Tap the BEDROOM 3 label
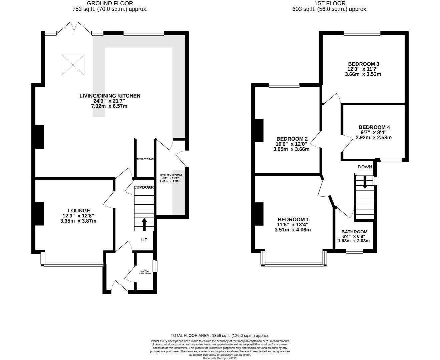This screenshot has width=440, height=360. (364, 64)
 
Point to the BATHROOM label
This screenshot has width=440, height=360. (354, 232)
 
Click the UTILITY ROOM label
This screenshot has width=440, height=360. (171, 175)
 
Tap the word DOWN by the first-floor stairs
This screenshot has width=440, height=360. (365, 167)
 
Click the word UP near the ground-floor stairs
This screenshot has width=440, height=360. (144, 240)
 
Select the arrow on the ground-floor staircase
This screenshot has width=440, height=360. (144, 224)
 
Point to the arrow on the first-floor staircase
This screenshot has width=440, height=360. (365, 182)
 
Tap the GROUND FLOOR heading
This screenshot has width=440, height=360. (110, 3)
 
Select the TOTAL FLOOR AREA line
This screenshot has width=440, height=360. (220, 336)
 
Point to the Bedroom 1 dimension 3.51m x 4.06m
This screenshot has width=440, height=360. (293, 230)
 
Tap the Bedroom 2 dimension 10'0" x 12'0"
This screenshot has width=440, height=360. (292, 144)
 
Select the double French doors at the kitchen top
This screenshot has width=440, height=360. (74, 29)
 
